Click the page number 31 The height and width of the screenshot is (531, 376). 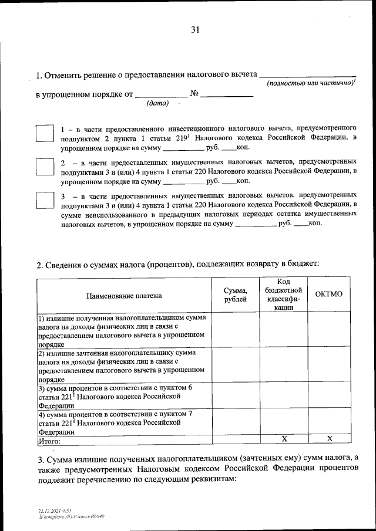[195, 31]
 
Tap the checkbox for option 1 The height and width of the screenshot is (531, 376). [45, 133]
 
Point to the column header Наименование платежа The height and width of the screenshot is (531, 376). [124, 295]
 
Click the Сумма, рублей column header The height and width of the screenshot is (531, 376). [236, 295]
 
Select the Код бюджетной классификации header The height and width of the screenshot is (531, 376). [283, 295]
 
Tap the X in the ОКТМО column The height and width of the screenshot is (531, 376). [329, 439]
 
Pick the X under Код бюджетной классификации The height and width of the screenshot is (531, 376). [284, 439]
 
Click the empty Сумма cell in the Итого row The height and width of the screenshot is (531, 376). [236, 439]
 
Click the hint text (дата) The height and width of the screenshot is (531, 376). [157, 104]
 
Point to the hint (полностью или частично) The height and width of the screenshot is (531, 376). [310, 84]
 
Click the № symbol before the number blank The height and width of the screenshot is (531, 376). [195, 93]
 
